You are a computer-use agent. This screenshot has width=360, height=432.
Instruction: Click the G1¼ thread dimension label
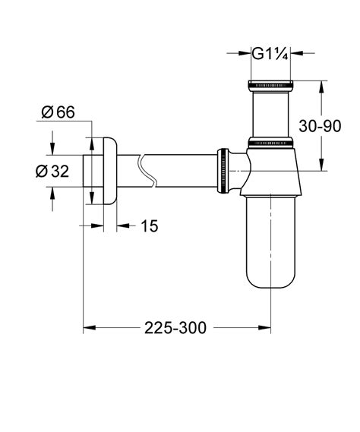point(269,54)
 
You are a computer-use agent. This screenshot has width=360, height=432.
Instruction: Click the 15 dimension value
point(150,226)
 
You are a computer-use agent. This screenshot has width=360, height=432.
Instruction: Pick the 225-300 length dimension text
point(176,328)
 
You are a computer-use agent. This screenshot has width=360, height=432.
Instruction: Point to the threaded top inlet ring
point(269,84)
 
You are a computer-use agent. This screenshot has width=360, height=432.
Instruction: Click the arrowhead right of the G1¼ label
point(297,54)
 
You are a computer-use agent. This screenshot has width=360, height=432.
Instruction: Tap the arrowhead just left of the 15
point(123,226)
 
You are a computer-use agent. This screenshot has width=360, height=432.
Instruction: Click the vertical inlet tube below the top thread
point(269,112)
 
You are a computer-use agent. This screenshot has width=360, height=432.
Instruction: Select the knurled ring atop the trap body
point(270,141)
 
